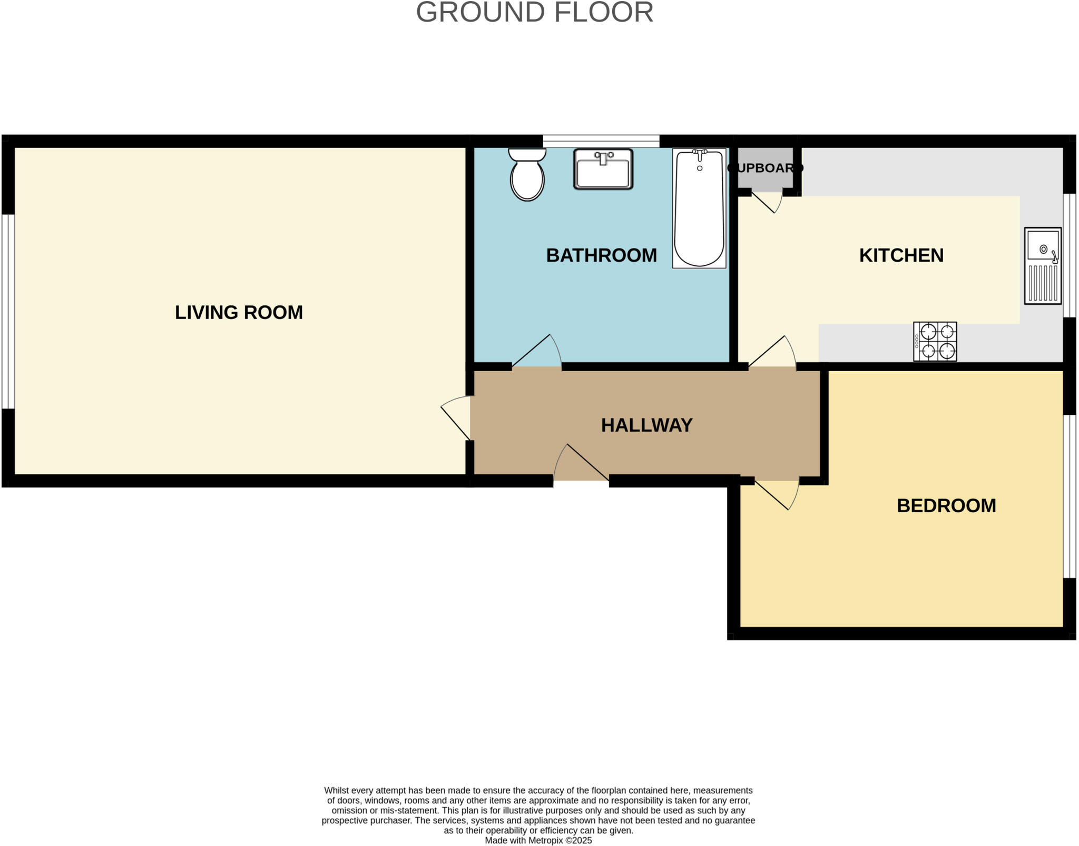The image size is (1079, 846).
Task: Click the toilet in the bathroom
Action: (527, 175)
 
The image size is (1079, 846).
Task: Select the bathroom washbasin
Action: (603, 169)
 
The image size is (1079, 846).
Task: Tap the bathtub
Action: (699, 208)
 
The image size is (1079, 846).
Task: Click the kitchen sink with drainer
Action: (1043, 266)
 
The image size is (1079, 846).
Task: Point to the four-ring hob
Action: (935, 341)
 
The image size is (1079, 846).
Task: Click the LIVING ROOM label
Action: (239, 312)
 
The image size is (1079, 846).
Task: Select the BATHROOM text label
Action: (601, 255)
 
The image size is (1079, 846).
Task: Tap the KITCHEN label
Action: (901, 255)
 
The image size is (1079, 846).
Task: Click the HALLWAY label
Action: (646, 425)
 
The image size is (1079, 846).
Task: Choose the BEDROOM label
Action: (946, 505)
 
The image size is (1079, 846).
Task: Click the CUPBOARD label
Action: (765, 168)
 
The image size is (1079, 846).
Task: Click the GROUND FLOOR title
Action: (534, 13)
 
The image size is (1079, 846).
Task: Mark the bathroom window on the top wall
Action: (601, 141)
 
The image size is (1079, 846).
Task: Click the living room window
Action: (7, 311)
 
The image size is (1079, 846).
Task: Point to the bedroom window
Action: (1070, 496)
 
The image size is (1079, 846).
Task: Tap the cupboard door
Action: (766, 202)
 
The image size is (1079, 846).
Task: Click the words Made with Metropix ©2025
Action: (538, 840)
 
